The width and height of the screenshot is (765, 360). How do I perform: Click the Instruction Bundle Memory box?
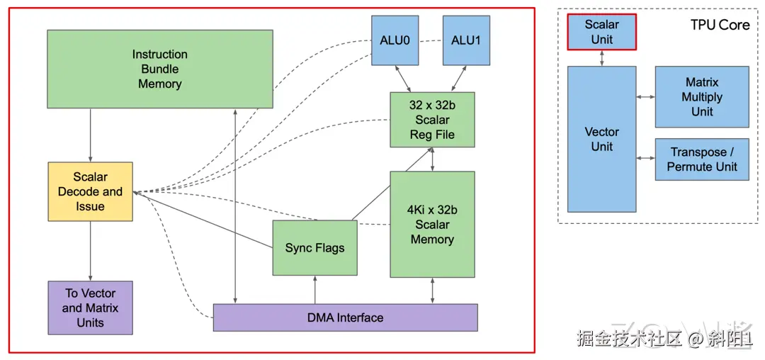coord(159,69)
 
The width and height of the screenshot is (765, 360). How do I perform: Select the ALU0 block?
coord(395,40)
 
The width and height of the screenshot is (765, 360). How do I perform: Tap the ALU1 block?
coord(465,40)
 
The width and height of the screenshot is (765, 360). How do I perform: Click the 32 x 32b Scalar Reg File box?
coord(431,120)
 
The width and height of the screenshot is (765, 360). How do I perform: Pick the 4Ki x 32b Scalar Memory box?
coord(431,224)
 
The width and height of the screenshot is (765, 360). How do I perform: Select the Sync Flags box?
coord(314,248)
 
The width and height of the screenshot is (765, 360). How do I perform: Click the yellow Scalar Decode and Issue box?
coord(90,191)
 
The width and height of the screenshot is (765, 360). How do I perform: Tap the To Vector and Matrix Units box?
coord(90,308)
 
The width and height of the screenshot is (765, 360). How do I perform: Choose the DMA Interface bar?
coord(345,317)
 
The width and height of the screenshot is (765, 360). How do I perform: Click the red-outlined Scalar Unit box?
coord(601,32)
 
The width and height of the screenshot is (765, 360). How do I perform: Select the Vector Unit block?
coord(601,139)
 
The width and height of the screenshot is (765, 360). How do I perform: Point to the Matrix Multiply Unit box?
coord(701,97)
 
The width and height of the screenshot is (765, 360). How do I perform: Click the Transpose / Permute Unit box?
coord(701,159)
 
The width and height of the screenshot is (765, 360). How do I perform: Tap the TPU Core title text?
coord(720,25)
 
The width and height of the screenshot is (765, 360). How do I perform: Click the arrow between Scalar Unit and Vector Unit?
coord(602,58)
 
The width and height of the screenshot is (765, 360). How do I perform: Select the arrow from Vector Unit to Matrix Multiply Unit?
coord(645,96)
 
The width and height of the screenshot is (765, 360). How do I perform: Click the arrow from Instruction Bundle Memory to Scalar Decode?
coord(90,135)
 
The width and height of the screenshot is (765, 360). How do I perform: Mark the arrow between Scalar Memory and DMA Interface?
coord(431,291)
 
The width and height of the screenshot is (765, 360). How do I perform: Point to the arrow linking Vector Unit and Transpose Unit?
coord(645,158)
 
